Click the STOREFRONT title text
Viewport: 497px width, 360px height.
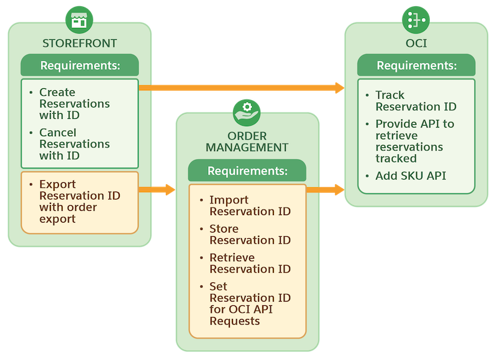pyautogui.click(x=80, y=44)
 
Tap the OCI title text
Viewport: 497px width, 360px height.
pyautogui.click(x=416, y=44)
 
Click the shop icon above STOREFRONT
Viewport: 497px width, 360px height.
pyautogui.click(x=79, y=21)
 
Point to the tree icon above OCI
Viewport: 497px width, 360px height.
pyautogui.click(x=416, y=21)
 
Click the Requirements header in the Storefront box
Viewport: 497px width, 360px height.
pyautogui.click(x=80, y=65)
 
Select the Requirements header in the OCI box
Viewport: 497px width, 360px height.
pyautogui.click(x=416, y=65)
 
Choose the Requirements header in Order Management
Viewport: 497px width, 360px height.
pyautogui.click(x=247, y=170)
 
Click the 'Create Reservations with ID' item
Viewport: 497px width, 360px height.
pyautogui.click(x=74, y=103)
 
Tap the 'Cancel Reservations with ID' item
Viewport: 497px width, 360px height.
pyautogui.click(x=74, y=144)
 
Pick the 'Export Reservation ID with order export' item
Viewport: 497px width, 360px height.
pyautogui.click(x=79, y=201)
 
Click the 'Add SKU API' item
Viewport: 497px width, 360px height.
pyautogui.click(x=410, y=176)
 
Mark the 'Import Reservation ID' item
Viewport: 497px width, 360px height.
pyautogui.click(x=249, y=206)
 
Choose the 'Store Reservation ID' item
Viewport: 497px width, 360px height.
pyautogui.click(x=249, y=234)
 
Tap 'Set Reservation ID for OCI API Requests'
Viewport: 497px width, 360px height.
pyautogui.click(x=249, y=303)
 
